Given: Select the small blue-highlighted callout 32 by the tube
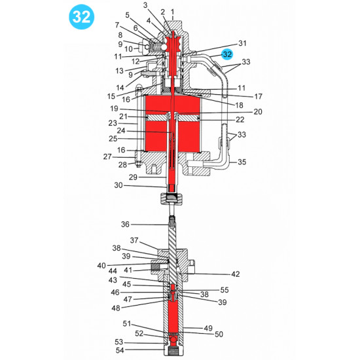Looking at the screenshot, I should [x=227, y=54].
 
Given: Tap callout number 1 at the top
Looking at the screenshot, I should [x=172, y=12].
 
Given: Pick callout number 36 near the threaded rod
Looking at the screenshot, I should [x=126, y=225].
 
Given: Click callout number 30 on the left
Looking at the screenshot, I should [x=119, y=185].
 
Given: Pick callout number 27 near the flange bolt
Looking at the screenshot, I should [x=107, y=156].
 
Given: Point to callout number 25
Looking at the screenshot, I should [x=113, y=139].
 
